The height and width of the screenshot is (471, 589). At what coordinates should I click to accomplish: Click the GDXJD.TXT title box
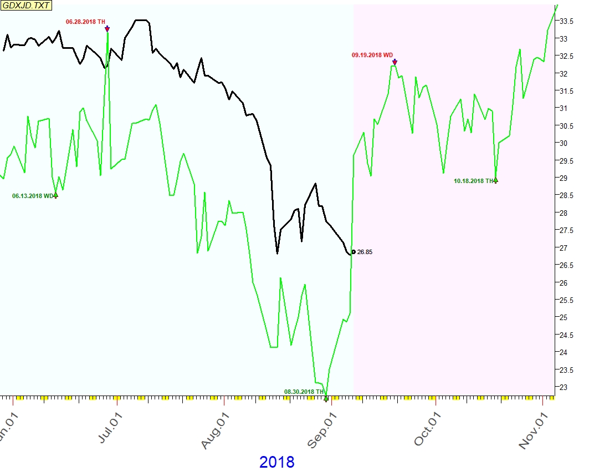(x=26, y=6)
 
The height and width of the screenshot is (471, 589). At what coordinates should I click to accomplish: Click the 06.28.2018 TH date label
(x=85, y=22)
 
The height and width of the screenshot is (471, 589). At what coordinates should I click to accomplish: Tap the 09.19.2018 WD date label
(x=372, y=55)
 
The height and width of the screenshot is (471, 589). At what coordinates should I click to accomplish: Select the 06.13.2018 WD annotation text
(x=32, y=196)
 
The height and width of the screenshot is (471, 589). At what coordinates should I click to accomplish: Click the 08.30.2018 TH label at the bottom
(x=303, y=392)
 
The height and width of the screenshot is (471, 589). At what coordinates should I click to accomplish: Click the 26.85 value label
(x=365, y=252)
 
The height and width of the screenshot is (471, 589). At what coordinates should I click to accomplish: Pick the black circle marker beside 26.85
(x=354, y=252)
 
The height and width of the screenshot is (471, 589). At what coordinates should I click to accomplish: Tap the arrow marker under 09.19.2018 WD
(x=395, y=62)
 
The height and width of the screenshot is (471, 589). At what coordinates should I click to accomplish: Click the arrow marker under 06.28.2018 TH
(x=107, y=29)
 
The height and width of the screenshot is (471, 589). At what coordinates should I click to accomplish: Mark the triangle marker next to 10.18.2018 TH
(x=496, y=180)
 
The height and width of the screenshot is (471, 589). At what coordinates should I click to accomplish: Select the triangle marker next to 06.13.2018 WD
(x=55, y=195)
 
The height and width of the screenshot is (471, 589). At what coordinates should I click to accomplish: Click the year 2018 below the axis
(x=276, y=462)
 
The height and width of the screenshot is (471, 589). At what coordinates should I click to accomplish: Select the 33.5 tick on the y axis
(x=566, y=21)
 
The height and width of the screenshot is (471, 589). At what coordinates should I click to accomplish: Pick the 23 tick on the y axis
(x=563, y=387)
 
